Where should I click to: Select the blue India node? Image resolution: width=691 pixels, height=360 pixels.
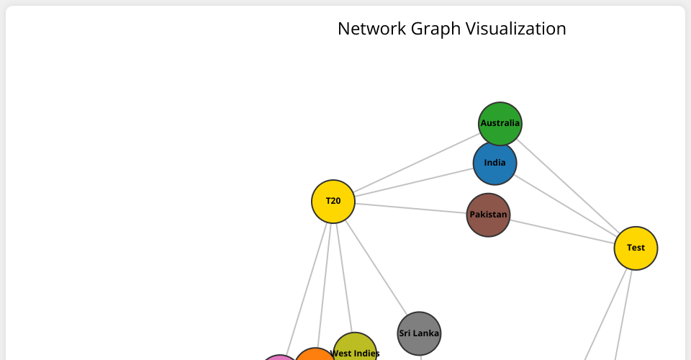click(494, 163)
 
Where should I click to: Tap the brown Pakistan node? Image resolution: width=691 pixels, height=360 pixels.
click(488, 215)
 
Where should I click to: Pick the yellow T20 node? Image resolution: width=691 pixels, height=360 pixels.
click(333, 202)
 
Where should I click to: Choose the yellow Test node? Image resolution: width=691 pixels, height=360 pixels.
click(636, 248)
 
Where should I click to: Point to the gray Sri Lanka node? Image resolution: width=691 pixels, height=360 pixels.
click(419, 333)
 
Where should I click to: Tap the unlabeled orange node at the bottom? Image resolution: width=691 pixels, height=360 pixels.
click(314, 355)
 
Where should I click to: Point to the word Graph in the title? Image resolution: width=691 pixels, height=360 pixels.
click(437, 29)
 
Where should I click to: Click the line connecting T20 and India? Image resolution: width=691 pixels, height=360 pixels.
click(414, 183)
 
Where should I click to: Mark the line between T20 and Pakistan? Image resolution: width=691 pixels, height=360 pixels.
click(410, 208)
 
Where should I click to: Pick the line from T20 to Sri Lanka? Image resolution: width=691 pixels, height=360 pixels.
click(374, 266)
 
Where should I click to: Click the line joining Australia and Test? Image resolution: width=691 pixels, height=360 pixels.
click(569, 186)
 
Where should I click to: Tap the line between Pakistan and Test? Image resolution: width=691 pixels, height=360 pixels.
click(561, 231)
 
